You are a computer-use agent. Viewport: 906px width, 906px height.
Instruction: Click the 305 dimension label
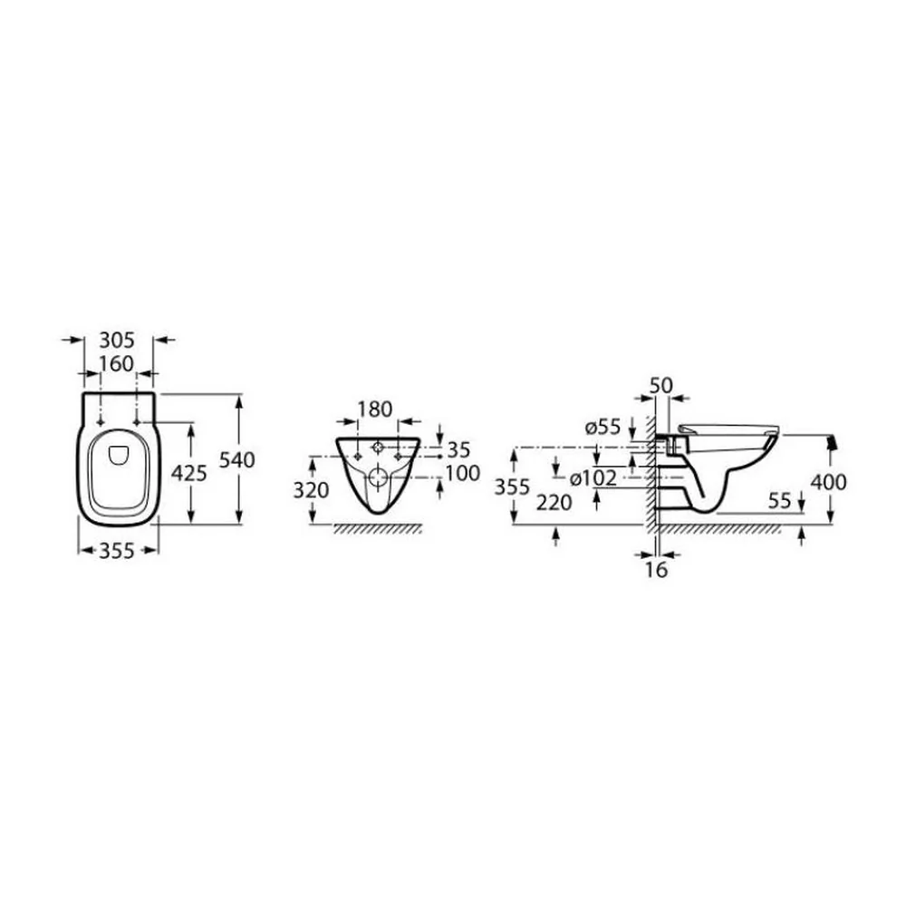tap(117, 341)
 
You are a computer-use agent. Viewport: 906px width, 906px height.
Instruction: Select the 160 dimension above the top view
tap(116, 364)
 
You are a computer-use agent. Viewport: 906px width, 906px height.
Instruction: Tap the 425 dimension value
tap(189, 473)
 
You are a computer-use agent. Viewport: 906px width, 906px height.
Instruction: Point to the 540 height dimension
tap(236, 460)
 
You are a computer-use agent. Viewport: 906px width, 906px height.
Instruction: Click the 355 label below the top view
tap(117, 551)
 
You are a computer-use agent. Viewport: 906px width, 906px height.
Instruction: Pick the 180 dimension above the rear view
tap(375, 410)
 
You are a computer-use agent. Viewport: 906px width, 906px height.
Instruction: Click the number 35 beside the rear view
tap(458, 449)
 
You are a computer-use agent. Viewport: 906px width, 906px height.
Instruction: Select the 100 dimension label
tap(463, 473)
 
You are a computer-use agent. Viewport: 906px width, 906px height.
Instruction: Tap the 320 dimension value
tap(311, 490)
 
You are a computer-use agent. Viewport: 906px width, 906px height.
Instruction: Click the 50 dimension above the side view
tap(661, 385)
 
